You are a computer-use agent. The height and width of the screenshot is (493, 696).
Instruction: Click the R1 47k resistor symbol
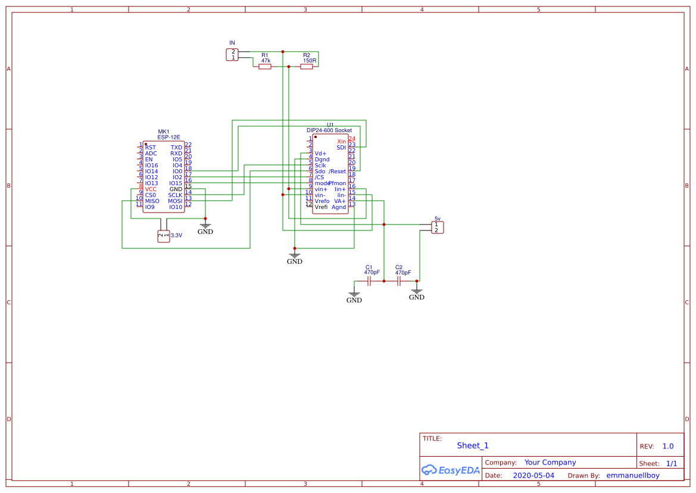tap(265, 67)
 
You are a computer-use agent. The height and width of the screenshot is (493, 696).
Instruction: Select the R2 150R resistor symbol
tap(307, 67)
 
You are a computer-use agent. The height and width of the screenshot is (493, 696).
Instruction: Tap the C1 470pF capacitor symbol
tap(369, 280)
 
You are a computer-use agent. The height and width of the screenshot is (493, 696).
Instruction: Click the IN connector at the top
tap(232, 55)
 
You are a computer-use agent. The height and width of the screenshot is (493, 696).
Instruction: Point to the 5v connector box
tap(437, 227)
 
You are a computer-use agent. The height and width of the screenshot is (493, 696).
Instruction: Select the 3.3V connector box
tap(163, 236)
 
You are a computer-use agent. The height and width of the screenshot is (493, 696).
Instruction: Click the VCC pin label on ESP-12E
tap(151, 189)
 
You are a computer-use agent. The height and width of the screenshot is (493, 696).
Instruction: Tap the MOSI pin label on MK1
tap(175, 201)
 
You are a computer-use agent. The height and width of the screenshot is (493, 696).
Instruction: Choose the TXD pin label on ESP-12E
tap(176, 148)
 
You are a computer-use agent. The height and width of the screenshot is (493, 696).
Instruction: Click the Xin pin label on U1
tap(341, 142)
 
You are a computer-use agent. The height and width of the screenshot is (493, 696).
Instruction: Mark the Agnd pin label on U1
tap(339, 207)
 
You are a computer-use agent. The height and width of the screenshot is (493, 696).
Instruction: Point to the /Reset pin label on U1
tap(337, 171)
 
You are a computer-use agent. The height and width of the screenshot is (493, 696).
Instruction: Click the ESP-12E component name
tap(164, 137)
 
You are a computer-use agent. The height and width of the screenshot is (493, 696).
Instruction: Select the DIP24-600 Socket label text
tap(329, 130)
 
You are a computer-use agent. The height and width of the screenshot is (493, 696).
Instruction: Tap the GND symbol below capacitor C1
tap(354, 297)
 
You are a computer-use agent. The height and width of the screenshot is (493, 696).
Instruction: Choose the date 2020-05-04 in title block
tap(533, 476)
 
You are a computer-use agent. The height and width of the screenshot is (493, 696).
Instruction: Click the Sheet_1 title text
tap(473, 445)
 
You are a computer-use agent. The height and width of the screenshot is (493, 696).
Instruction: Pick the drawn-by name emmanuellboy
tap(632, 476)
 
